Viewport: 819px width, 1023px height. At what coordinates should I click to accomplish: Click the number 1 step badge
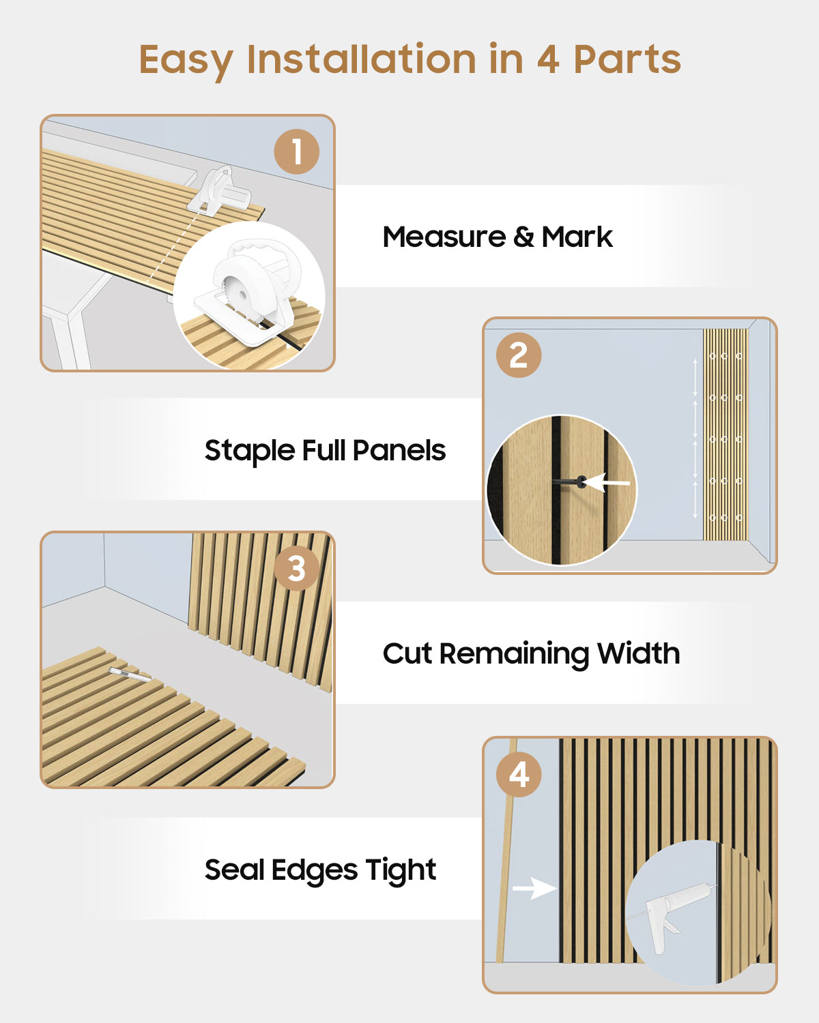click(x=296, y=151)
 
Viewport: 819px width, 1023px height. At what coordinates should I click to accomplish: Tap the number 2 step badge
click(x=519, y=355)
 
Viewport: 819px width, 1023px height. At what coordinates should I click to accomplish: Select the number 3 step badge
click(x=296, y=569)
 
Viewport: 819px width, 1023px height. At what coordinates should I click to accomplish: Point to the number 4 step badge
click(x=519, y=774)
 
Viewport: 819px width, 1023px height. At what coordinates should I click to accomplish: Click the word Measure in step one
click(x=444, y=237)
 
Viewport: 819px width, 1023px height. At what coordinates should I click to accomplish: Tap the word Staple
click(x=250, y=451)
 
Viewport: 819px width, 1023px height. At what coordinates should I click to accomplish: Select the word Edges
click(x=314, y=871)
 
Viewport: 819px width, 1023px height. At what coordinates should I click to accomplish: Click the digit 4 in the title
click(x=548, y=60)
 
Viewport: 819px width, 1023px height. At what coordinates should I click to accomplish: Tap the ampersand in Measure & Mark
click(x=523, y=237)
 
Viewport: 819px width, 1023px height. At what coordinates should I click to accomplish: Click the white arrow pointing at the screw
click(x=606, y=483)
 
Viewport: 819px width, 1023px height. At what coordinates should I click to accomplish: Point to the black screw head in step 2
click(x=581, y=481)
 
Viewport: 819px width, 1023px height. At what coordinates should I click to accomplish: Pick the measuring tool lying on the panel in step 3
click(x=130, y=674)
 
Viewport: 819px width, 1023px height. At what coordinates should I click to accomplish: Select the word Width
click(x=638, y=653)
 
